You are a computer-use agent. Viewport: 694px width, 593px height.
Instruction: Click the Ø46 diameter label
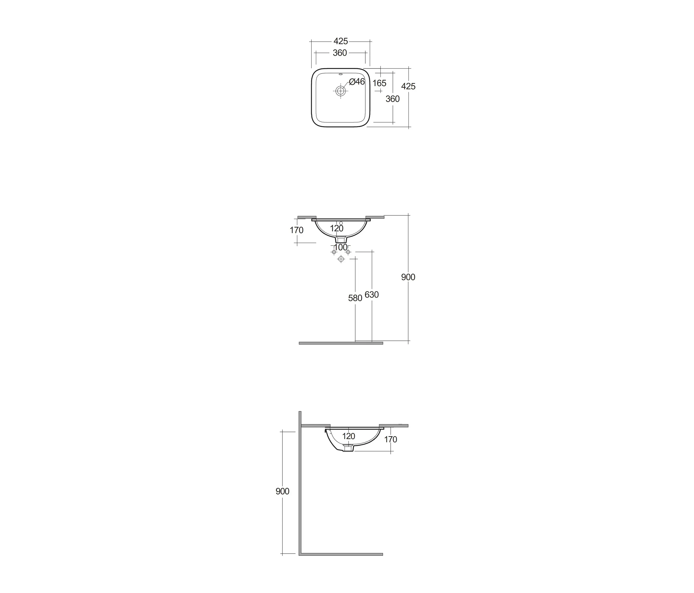click(357, 81)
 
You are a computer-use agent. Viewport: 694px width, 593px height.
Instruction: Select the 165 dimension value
click(379, 83)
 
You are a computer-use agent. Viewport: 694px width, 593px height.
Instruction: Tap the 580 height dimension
click(355, 298)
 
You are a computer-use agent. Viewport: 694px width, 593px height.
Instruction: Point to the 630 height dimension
click(372, 295)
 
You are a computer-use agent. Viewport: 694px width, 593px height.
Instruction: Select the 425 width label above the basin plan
click(341, 41)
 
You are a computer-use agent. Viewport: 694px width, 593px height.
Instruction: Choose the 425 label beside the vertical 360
click(408, 86)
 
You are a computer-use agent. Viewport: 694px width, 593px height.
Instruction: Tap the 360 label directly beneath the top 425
click(340, 53)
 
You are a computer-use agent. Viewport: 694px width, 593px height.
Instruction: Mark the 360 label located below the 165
click(393, 99)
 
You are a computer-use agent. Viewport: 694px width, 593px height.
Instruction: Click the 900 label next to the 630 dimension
click(408, 277)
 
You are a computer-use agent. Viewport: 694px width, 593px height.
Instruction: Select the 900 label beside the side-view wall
click(282, 491)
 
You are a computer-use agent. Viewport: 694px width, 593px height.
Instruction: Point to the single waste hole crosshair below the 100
click(341, 259)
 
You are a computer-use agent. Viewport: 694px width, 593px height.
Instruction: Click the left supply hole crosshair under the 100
click(334, 252)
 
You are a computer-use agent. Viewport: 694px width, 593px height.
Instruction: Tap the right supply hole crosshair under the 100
click(348, 252)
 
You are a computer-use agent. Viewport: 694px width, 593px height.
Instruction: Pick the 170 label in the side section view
click(390, 439)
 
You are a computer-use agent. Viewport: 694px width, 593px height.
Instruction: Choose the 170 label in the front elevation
click(296, 230)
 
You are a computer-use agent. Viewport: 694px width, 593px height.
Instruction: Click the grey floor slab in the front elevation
click(341, 343)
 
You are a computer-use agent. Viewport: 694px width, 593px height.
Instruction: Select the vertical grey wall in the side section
click(300, 485)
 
